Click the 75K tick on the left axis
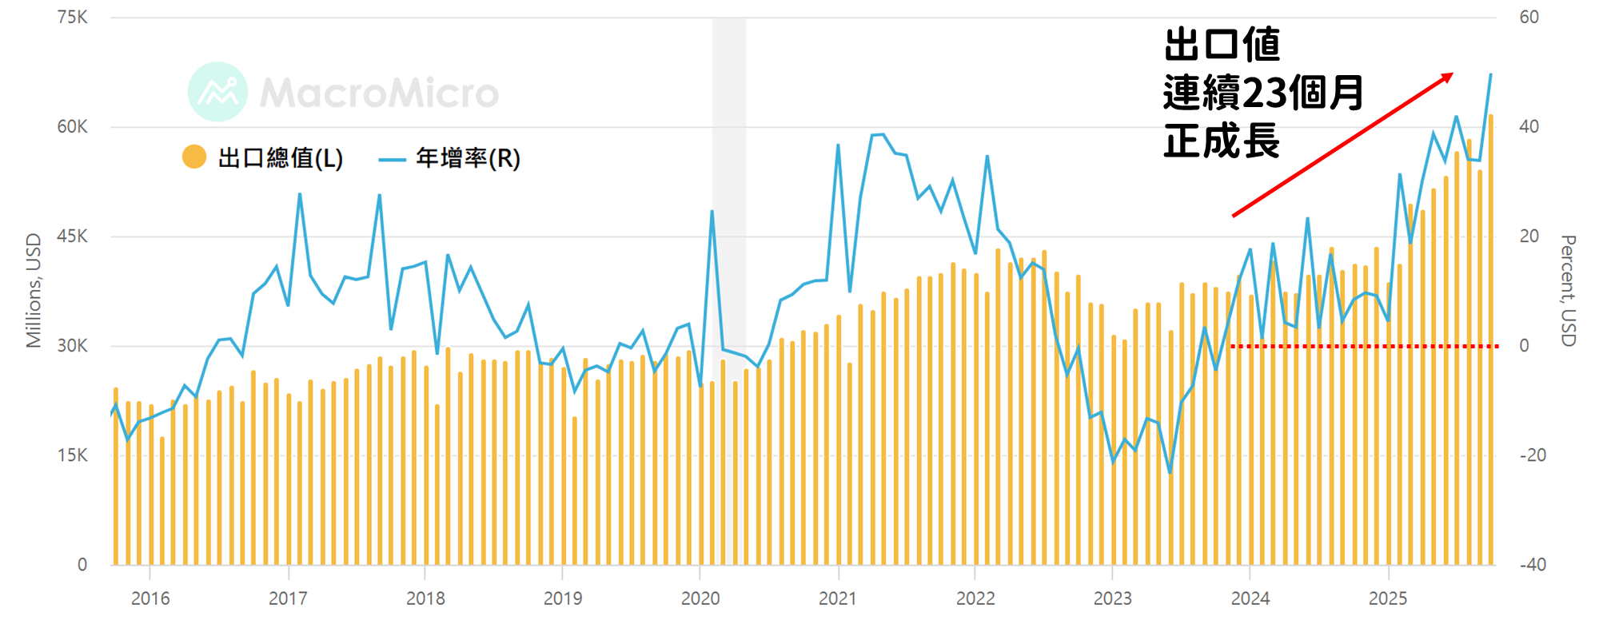click(72, 18)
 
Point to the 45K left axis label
click(72, 236)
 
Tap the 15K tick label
click(72, 455)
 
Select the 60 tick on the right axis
click(1529, 18)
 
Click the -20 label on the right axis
click(1532, 455)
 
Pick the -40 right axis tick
click(1532, 565)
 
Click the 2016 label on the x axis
click(150, 598)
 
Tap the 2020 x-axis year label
click(700, 598)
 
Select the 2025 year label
click(1388, 598)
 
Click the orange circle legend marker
click(194, 157)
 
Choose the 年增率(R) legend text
click(468, 158)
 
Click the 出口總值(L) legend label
click(281, 158)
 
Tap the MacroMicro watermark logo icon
click(217, 92)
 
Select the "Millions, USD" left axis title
click(34, 291)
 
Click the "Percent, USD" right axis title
click(1568, 291)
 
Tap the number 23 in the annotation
click(1266, 93)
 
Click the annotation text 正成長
click(1222, 141)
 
